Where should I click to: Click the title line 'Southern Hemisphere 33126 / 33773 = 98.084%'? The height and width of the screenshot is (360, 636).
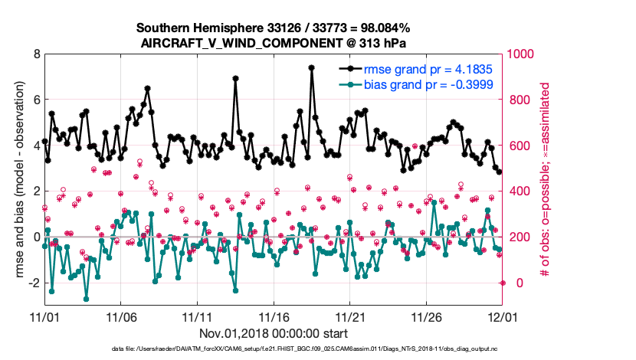point(274,28)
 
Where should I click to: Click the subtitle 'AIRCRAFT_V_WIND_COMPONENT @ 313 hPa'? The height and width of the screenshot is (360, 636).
point(274,43)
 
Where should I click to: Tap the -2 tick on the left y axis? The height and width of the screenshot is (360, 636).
point(34,283)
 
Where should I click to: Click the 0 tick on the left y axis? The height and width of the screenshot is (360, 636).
point(36,237)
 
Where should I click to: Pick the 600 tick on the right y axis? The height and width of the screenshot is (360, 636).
point(520,146)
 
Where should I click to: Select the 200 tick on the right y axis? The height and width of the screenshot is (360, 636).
point(520,237)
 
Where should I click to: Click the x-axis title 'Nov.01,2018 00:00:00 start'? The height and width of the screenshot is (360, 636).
point(274,333)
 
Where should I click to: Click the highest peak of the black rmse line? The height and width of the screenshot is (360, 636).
point(312,67)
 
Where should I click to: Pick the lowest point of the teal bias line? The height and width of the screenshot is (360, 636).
point(86,299)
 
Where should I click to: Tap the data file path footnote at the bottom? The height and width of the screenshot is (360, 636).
point(274,349)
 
